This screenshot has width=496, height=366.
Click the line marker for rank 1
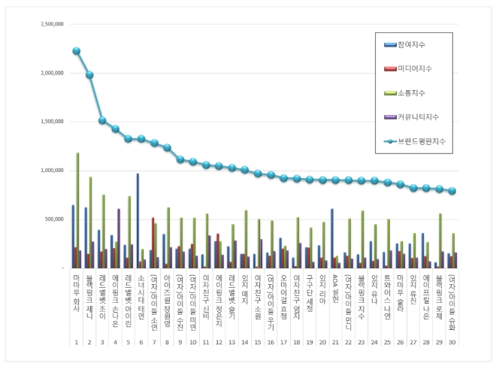(77, 51)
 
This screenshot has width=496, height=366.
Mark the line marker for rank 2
(89, 75)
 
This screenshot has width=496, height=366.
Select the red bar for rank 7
(153, 242)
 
